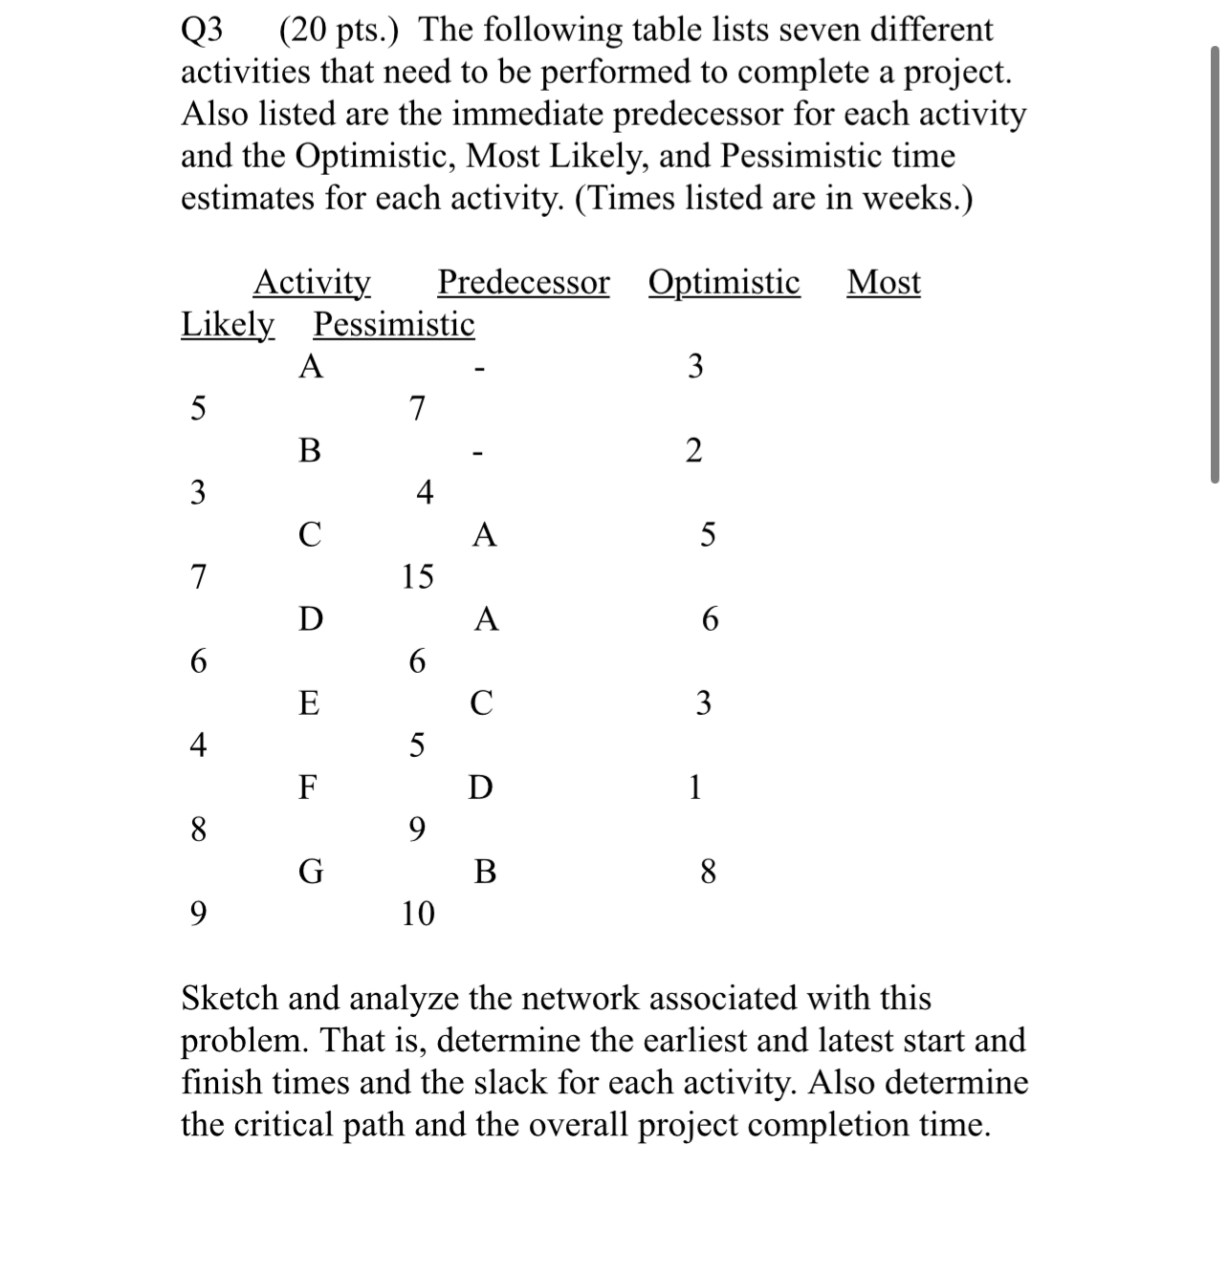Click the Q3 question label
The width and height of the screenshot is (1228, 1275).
(202, 31)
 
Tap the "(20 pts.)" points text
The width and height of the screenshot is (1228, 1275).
(340, 31)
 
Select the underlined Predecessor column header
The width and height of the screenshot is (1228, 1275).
(523, 283)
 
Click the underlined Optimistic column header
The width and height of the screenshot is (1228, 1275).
(724, 283)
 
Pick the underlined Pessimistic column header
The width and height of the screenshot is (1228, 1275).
(394, 325)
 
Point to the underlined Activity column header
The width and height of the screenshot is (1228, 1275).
(312, 283)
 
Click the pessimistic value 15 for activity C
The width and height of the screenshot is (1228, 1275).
(417, 577)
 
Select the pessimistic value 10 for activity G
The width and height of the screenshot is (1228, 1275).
(418, 915)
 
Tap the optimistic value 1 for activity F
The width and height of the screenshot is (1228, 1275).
(695, 788)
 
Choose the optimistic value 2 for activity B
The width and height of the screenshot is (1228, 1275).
(694, 451)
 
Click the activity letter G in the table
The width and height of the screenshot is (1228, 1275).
(310, 873)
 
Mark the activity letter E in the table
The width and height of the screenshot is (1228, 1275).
(309, 704)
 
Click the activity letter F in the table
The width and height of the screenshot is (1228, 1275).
(308, 789)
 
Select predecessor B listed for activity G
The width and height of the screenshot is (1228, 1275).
(485, 873)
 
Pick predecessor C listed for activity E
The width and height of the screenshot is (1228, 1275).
(482, 704)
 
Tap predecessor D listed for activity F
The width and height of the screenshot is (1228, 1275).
(481, 789)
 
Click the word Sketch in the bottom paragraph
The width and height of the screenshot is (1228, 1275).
(230, 999)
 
